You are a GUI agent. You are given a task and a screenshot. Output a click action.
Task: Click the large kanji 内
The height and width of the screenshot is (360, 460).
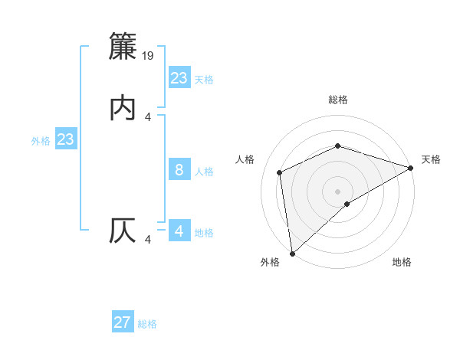click(123, 109)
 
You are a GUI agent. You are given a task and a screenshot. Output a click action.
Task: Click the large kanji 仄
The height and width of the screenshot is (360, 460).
click(123, 231)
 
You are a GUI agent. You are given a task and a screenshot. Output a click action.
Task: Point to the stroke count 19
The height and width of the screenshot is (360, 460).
click(149, 55)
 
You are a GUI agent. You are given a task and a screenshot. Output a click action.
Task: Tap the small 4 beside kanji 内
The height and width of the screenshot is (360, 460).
click(148, 116)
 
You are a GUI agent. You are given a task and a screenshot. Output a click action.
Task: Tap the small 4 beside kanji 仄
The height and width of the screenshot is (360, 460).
click(148, 240)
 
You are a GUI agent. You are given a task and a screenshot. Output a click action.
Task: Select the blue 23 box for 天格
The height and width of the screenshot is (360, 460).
click(179, 77)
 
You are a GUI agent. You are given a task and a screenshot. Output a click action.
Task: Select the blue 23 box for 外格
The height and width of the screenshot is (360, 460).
click(65, 139)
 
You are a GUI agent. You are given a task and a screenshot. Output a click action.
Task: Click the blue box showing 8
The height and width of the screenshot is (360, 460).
click(179, 170)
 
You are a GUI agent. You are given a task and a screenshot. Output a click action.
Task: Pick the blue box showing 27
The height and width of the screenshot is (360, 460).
click(123, 322)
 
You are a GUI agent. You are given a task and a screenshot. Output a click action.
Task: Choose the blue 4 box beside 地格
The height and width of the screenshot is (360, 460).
click(179, 231)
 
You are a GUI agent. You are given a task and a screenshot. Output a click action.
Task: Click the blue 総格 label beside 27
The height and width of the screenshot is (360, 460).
click(147, 324)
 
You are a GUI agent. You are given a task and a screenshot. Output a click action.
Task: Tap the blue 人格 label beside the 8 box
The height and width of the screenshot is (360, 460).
click(205, 172)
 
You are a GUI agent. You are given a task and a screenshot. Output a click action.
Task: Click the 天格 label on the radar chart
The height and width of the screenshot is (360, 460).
click(431, 159)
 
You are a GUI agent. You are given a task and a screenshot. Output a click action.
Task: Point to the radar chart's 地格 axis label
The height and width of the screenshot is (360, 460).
click(402, 263)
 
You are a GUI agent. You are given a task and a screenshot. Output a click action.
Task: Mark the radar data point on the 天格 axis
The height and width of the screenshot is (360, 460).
click(411, 168)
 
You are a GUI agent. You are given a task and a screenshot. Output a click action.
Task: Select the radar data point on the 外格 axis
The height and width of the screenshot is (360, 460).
click(291, 254)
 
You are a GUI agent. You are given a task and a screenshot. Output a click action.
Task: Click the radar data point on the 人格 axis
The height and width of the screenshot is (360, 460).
click(280, 172)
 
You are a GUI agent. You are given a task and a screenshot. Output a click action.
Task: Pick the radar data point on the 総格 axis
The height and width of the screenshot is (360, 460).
click(337, 146)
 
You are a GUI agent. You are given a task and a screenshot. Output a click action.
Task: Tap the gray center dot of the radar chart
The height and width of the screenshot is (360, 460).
click(337, 191)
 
